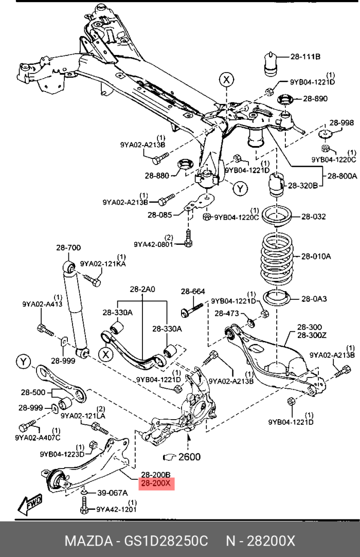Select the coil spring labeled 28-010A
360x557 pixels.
point(276,256)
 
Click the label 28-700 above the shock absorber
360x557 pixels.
point(68,248)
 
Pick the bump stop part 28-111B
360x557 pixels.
point(271,63)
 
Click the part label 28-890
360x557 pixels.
point(315,98)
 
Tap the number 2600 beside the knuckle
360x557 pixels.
point(190,456)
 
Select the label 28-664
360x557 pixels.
point(192,292)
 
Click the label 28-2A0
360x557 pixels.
point(142,290)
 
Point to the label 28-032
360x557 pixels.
point(313,217)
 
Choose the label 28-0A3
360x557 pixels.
point(313,298)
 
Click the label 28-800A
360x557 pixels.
point(340,175)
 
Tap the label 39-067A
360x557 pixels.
point(112,493)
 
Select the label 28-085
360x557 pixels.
point(159,215)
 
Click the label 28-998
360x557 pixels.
point(341,123)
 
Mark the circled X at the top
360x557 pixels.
point(227,79)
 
